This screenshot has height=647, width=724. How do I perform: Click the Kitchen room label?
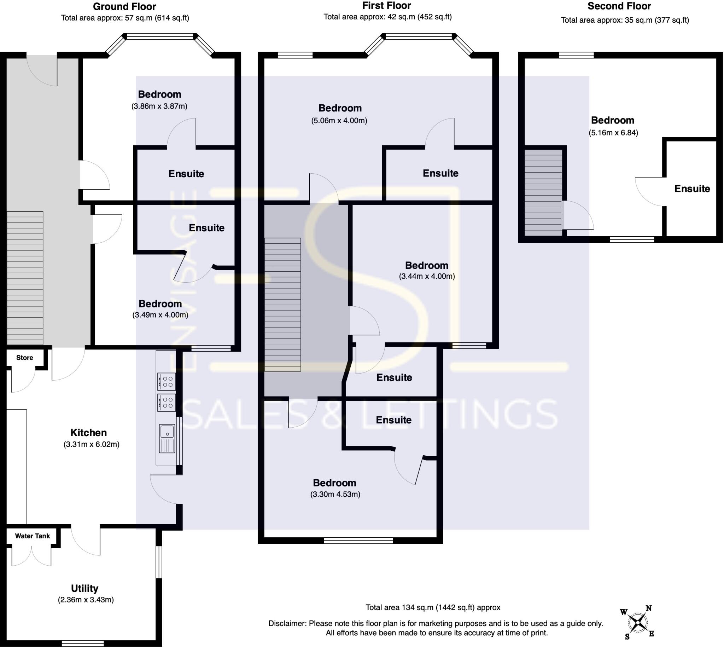pyautogui.click(x=88, y=433)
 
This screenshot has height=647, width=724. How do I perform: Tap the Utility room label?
pyautogui.click(x=84, y=588)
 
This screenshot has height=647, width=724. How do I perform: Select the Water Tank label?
pyautogui.click(x=32, y=536)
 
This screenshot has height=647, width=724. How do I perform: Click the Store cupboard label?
pyautogui.click(x=24, y=358)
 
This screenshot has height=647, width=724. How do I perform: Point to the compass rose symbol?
pyautogui.click(x=639, y=623)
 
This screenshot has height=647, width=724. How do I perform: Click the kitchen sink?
pyautogui.click(x=167, y=439)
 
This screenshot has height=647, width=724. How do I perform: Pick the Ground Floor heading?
pyautogui.click(x=124, y=6)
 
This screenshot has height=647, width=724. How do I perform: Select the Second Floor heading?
pyautogui.click(x=619, y=6)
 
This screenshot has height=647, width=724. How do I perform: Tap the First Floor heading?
pyautogui.click(x=386, y=6)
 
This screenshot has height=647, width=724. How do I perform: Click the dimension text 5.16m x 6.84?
pyautogui.click(x=613, y=133)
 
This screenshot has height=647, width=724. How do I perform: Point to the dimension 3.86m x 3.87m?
pyautogui.click(x=159, y=106)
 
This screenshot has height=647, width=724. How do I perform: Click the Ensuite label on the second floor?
pyautogui.click(x=692, y=189)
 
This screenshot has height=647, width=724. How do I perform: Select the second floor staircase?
pyautogui.click(x=543, y=192)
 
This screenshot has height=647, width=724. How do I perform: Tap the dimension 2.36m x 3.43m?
pyautogui.click(x=86, y=600)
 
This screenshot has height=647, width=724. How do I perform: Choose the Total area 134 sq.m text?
pyautogui.click(x=433, y=607)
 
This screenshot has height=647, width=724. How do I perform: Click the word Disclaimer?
pyautogui.click(x=287, y=623)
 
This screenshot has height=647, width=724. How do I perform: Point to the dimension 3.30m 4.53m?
pyautogui.click(x=335, y=494)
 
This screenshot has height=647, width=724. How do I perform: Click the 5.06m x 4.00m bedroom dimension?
pyautogui.click(x=339, y=121)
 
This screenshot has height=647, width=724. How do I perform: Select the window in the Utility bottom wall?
pyautogui.click(x=83, y=643)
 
